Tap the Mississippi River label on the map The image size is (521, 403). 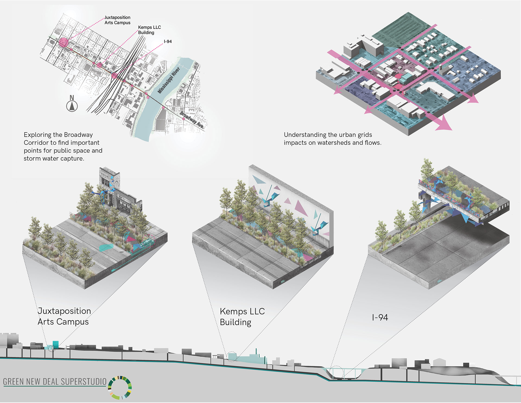pyautogui.click(x=169, y=80)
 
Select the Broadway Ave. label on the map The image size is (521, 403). pyautogui.click(x=192, y=120)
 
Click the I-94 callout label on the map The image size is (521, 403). pyautogui.click(x=168, y=42)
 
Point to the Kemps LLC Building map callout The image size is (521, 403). pyautogui.click(x=149, y=30)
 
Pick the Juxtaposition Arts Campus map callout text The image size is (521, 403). pyautogui.click(x=117, y=20)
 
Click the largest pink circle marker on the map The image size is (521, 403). pyautogui.click(x=63, y=43)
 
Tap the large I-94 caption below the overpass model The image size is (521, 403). pyautogui.click(x=380, y=317)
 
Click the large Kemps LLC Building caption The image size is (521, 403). pyautogui.click(x=242, y=317)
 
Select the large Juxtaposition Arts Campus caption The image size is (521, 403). pyautogui.click(x=64, y=316)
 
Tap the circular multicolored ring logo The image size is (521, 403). pyautogui.click(x=120, y=388)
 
